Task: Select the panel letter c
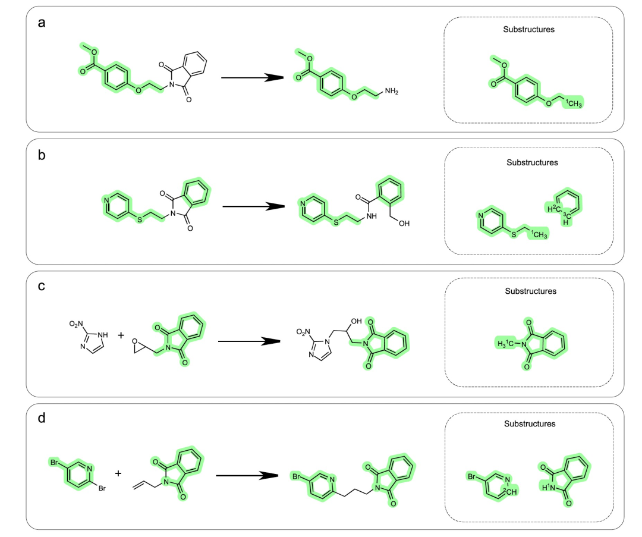click(42, 286)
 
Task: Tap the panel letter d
click(42, 418)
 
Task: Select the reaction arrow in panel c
click(250, 341)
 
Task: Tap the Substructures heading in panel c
click(530, 291)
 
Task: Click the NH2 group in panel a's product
click(392, 91)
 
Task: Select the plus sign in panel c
click(121, 335)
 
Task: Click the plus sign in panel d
click(118, 473)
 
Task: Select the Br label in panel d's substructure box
click(474, 477)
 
